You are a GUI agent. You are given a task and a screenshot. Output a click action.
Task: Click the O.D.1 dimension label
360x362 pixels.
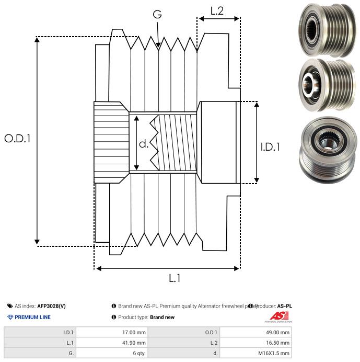[18, 139]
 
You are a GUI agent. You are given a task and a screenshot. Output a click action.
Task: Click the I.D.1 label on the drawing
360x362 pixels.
[270, 147]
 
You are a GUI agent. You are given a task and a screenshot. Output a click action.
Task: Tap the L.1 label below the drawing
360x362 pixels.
[175, 278]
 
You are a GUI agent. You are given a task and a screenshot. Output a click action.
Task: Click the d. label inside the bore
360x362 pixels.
[143, 143]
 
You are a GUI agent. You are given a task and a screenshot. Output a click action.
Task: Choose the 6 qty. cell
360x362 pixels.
[138, 353]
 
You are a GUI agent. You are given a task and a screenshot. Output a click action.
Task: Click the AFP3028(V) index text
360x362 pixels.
[51, 306]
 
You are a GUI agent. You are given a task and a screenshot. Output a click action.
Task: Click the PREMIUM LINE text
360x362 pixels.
[32, 317]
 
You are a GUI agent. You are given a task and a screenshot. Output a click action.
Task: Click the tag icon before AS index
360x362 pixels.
[10, 306]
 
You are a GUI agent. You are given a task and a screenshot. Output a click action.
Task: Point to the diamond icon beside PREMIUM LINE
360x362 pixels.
[10, 317]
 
